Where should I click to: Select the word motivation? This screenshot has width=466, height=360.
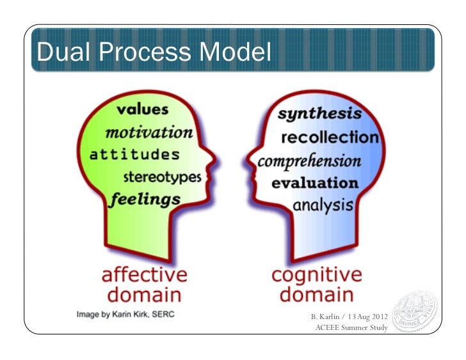coord(149,132)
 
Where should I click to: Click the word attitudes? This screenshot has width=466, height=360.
coord(134,155)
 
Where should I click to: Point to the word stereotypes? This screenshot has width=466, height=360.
coord(162,176)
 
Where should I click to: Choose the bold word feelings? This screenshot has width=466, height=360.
coord(145,199)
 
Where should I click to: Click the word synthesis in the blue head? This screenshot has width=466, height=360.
coord(319,114)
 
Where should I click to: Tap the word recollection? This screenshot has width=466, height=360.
coord(330,137)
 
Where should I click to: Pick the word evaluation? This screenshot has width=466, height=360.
coord(315,183)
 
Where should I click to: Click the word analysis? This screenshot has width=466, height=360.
coord(323,205)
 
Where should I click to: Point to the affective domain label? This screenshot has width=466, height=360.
coord(145,285)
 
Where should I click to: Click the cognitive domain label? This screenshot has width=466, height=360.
coord(316,285)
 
